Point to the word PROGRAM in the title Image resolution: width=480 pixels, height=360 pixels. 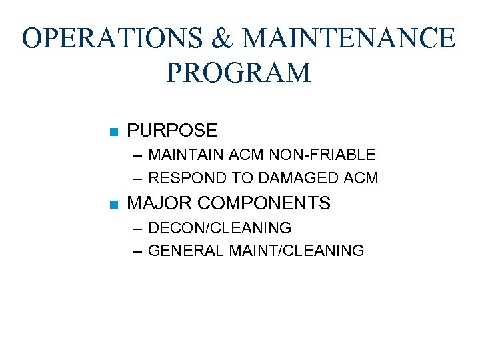(x=239, y=73)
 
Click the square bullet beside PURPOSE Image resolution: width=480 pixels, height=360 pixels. (x=113, y=131)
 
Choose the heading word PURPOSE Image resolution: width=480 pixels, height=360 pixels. (x=172, y=131)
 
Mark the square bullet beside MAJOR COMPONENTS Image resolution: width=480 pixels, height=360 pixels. (x=113, y=204)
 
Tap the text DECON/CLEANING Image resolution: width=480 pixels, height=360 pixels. (x=219, y=228)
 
